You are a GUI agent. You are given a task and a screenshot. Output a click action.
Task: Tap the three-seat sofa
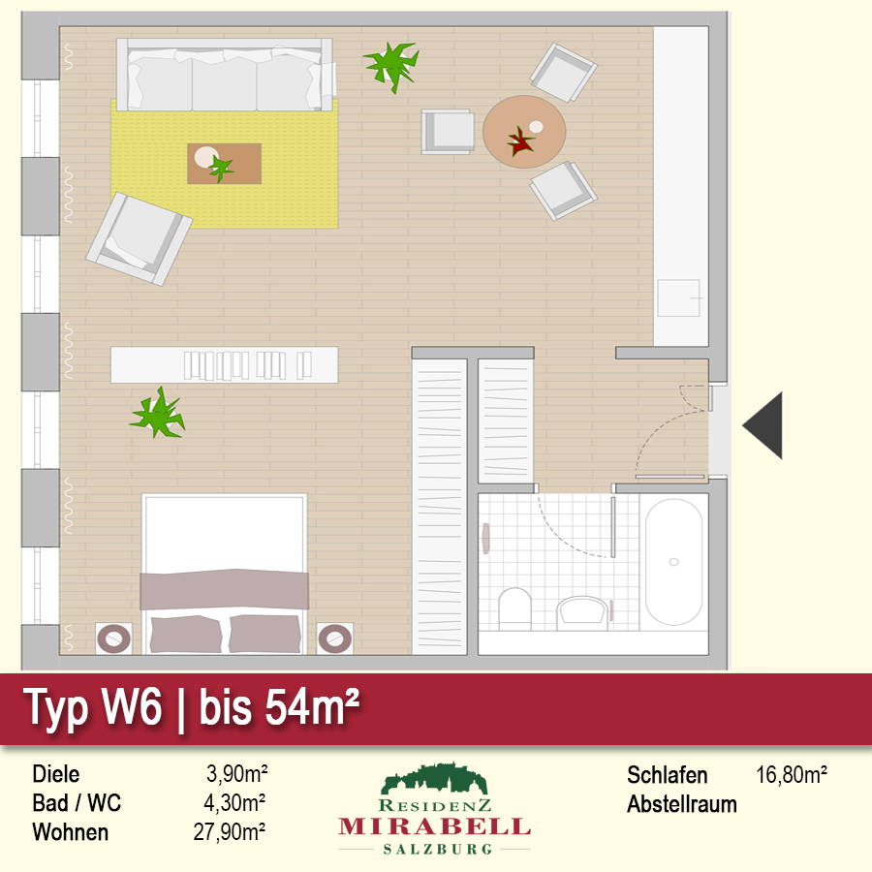[225, 75]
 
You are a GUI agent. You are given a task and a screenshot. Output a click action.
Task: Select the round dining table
[524, 132]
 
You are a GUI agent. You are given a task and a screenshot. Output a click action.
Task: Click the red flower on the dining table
[520, 141]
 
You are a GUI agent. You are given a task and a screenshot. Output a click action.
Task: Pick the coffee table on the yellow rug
[224, 164]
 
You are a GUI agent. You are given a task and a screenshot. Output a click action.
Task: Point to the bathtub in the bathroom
[674, 562]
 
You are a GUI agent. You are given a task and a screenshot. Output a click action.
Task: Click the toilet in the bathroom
[515, 608]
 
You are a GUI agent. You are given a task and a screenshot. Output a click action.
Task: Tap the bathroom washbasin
[582, 612]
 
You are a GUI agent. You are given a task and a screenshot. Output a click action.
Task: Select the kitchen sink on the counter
[678, 298]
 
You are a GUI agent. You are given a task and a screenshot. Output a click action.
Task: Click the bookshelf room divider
[224, 365]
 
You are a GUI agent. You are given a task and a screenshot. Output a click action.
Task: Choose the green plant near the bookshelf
[158, 414]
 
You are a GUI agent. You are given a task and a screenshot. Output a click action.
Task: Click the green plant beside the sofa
[392, 66]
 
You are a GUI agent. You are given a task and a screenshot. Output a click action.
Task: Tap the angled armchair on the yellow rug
[139, 238]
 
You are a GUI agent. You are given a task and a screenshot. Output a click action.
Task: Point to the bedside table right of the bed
[334, 638]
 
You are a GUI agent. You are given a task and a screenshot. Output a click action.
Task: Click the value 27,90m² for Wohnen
[229, 832]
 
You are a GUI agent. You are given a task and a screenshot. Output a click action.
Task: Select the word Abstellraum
[682, 804]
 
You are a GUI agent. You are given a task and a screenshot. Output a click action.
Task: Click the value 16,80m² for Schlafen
[792, 775]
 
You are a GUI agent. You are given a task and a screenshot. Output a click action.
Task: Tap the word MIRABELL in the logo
[434, 827]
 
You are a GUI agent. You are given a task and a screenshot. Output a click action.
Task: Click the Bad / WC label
[77, 803]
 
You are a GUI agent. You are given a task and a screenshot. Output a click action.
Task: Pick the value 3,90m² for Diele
[237, 773]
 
